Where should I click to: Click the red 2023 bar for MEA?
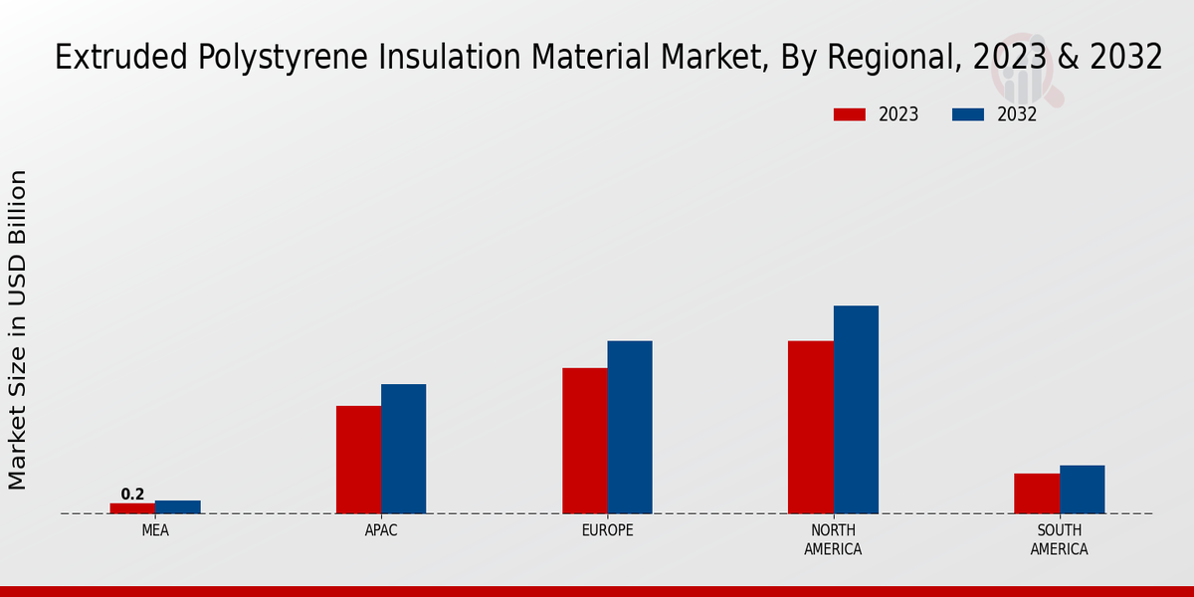pyautogui.click(x=132, y=508)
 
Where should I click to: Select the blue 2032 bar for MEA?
pyautogui.click(x=177, y=507)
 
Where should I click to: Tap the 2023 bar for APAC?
pyautogui.click(x=358, y=460)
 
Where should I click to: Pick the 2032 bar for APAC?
pyautogui.click(x=403, y=449)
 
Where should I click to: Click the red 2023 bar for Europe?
pyautogui.click(x=584, y=441)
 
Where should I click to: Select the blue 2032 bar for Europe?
pyautogui.click(x=630, y=427)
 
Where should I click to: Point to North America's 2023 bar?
pyautogui.click(x=810, y=427)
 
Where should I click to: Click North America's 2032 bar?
pyautogui.click(x=856, y=409)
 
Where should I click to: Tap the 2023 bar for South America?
pyautogui.click(x=1037, y=494)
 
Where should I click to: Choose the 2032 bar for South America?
pyautogui.click(x=1082, y=490)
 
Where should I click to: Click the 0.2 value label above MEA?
pyautogui.click(x=132, y=495)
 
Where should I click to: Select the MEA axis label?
pyautogui.click(x=155, y=531)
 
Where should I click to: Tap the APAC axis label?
pyautogui.click(x=381, y=531)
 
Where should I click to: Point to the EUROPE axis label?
pyautogui.click(x=607, y=531)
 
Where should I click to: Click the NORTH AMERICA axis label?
pyautogui.click(x=833, y=540)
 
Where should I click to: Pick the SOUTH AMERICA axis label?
pyautogui.click(x=1059, y=540)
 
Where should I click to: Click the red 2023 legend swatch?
pyautogui.click(x=849, y=114)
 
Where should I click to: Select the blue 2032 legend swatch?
pyautogui.click(x=967, y=114)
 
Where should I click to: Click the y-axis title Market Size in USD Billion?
pyautogui.click(x=18, y=329)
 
